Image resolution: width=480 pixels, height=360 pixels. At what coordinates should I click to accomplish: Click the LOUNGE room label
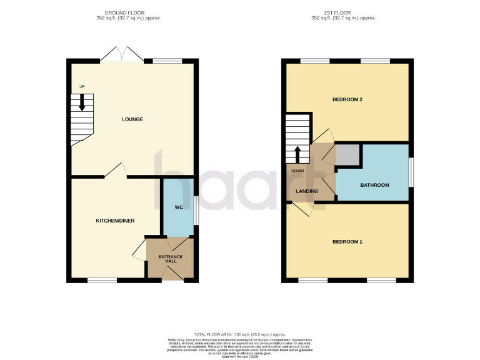[x=133, y=119]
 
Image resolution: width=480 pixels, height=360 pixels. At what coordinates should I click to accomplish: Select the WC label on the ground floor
[x=177, y=209]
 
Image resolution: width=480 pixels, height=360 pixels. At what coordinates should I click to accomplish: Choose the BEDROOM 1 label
[x=347, y=241]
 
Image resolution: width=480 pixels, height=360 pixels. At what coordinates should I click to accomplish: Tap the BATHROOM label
[x=374, y=185]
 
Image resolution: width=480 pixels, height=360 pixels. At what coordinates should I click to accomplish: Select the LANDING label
[x=307, y=191]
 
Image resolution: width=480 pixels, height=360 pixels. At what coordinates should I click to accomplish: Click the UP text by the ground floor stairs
[x=81, y=87]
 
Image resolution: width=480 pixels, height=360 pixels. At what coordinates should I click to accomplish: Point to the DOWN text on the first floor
[x=297, y=169]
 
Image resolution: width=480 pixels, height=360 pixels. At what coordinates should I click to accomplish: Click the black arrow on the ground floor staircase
[x=82, y=103]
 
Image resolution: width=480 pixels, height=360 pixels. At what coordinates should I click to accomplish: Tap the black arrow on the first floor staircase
[x=298, y=153]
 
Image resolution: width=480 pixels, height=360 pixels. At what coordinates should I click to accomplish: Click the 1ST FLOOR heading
[x=347, y=12]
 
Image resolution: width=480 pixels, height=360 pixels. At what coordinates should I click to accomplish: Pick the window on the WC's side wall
[x=196, y=209]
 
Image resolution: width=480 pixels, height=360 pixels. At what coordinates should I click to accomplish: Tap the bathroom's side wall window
[x=411, y=172]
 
